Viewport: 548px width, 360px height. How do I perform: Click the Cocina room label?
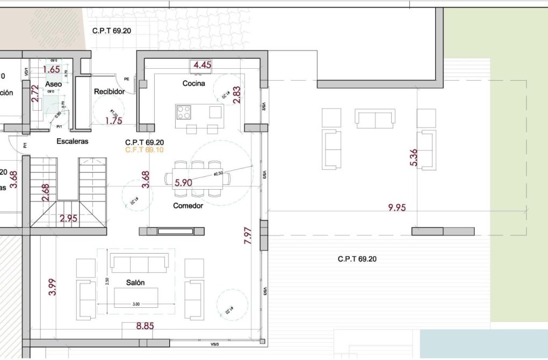pyautogui.click(x=193, y=83)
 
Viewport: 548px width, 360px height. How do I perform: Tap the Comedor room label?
pyautogui.click(x=188, y=206)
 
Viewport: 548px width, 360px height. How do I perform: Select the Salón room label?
pyautogui.click(x=135, y=283)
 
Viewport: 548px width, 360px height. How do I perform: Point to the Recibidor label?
pyautogui.click(x=109, y=92)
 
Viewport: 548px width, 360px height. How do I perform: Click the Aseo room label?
pyautogui.click(x=53, y=85)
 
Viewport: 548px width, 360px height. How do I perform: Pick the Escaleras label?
pyautogui.click(x=72, y=142)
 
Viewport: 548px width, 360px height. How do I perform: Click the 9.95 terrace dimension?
pyautogui.click(x=396, y=208)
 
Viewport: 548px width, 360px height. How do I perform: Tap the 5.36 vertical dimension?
pyautogui.click(x=413, y=157)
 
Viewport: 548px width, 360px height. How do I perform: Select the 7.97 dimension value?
pyautogui.click(x=247, y=236)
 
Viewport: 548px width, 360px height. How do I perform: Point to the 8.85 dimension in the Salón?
pyautogui.click(x=145, y=326)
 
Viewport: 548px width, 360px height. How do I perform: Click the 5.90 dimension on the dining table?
pyautogui.click(x=184, y=183)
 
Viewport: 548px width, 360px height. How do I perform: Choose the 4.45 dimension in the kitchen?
pyautogui.click(x=203, y=65)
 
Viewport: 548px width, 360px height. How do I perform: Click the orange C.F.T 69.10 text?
pyautogui.click(x=145, y=150)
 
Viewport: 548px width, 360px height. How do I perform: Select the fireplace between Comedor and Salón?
pyautogui.click(x=172, y=231)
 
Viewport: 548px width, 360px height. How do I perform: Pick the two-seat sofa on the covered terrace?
pyautogui.click(x=374, y=118)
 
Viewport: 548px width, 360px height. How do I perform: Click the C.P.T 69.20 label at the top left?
pyautogui.click(x=112, y=31)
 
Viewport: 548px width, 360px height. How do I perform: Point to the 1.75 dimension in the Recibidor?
pyautogui.click(x=113, y=121)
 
